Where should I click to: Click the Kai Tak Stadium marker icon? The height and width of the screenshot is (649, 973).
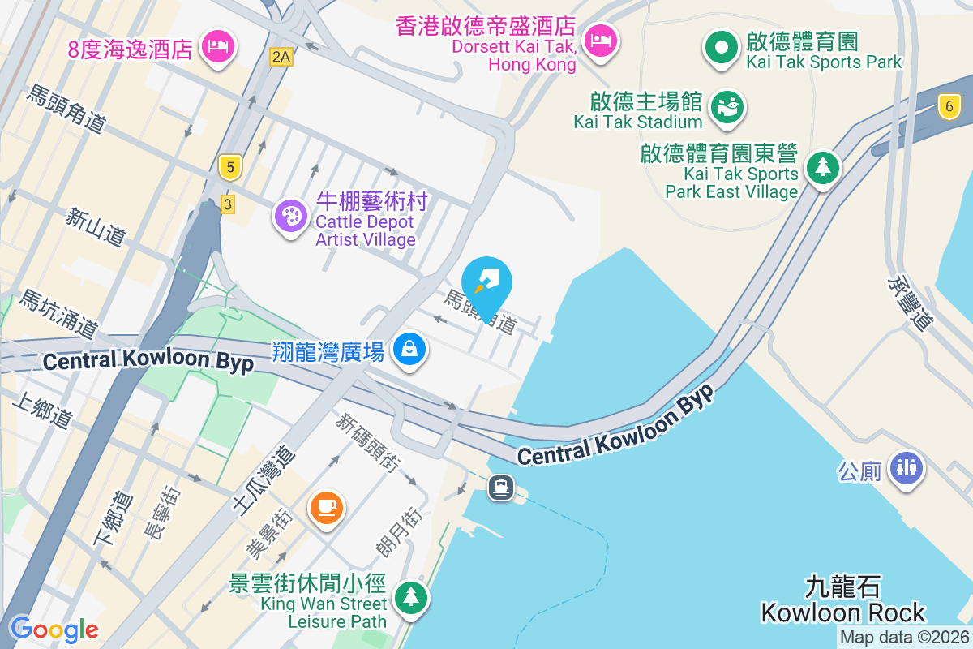click(727, 107)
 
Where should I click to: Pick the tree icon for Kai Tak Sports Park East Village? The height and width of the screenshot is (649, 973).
click(824, 167)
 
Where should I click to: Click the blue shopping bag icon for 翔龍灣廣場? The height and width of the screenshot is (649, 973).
click(410, 350)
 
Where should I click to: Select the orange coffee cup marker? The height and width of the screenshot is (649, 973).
click(327, 508)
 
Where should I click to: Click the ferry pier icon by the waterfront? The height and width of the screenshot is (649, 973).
click(501, 487)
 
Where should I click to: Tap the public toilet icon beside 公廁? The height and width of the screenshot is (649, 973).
click(906, 468)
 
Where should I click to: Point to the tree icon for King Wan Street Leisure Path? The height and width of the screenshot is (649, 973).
click(411, 597)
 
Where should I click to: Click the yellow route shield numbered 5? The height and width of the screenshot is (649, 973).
click(231, 168)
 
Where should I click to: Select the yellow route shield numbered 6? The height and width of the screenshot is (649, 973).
click(947, 105)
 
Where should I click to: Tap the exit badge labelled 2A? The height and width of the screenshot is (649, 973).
click(281, 56)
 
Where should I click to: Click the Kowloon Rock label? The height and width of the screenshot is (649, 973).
click(843, 612)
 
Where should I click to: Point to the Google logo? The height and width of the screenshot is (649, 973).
click(54, 629)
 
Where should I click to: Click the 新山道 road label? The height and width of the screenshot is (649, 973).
click(96, 226)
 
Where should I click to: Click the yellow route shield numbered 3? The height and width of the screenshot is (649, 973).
click(227, 204)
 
